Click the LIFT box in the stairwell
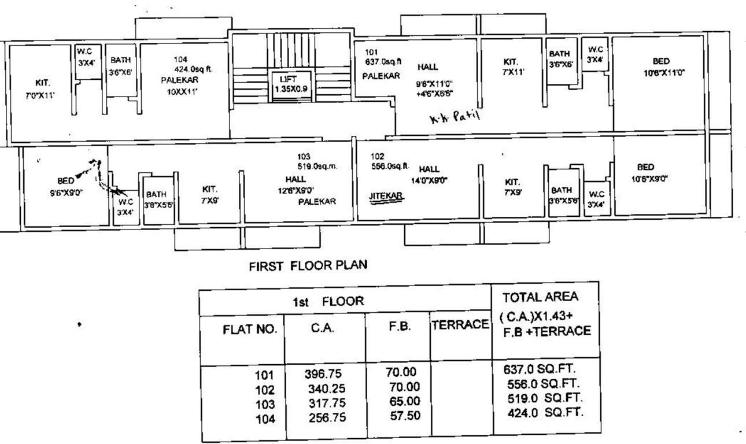291,84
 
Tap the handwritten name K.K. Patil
455,118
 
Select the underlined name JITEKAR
386,196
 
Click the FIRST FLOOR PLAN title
308,266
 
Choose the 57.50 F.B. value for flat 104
404,415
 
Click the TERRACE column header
460,325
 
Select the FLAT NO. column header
250,331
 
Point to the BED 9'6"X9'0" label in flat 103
67,187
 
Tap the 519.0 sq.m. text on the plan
316,166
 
